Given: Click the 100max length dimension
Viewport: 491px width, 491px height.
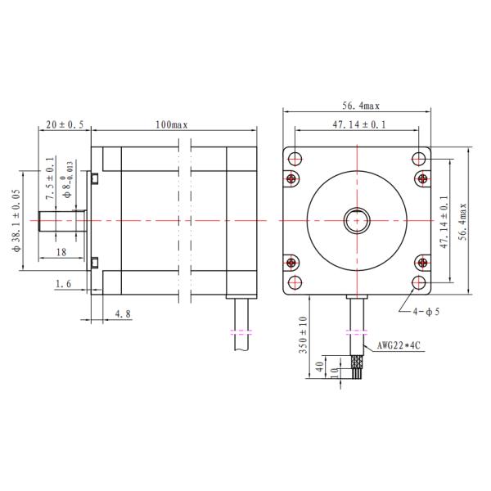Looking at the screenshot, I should point(171,124).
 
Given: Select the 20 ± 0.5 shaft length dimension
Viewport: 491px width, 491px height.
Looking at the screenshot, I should point(65,124).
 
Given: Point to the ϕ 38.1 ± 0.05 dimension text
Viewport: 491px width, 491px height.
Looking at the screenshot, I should point(16,220).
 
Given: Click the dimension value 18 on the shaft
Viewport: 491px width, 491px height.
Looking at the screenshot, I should point(61,254).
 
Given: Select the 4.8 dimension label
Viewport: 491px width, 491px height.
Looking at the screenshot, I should point(122,313).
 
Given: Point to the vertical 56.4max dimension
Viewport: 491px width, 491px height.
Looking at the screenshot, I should point(463,221).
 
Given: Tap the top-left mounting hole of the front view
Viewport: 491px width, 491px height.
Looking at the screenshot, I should point(295,158).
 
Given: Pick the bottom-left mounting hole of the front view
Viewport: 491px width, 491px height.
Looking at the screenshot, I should point(295,282).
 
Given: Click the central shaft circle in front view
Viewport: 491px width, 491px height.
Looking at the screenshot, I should point(357,220).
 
